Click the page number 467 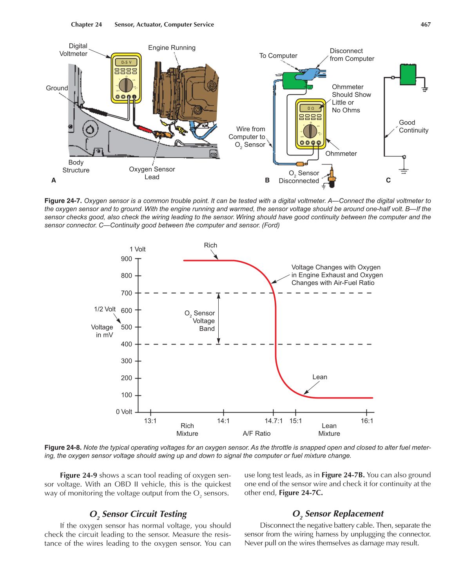tap(425, 24)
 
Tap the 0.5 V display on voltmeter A tap(126, 62)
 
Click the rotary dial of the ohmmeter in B tap(310, 132)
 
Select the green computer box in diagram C tap(408, 75)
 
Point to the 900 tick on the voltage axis tap(127, 259)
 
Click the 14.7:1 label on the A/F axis tap(273, 421)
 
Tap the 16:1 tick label tap(367, 421)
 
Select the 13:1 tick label tap(150, 421)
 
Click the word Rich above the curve tap(210, 245)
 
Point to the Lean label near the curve tap(319, 377)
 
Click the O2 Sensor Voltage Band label tap(200, 321)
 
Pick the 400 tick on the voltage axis tap(127, 344)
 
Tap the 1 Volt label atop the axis tap(138, 249)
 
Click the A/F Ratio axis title tap(256, 433)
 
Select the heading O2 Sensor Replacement tap(338, 514)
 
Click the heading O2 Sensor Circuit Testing tap(138, 514)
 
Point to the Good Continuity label tap(413, 126)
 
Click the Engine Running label tap(172, 48)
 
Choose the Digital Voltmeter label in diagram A tap(74, 50)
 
